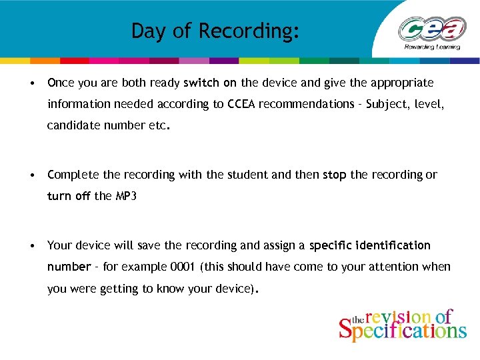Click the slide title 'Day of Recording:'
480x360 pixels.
pyautogui.click(x=215, y=31)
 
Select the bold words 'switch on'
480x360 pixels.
pyautogui.click(x=210, y=83)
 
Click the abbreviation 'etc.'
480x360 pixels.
pyautogui.click(x=160, y=125)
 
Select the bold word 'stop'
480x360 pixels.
pyautogui.click(x=335, y=175)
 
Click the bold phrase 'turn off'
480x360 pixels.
pyautogui.click(x=69, y=196)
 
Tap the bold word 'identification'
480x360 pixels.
pyautogui.click(x=393, y=245)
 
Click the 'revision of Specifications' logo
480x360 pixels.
pyautogui.click(x=402, y=325)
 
